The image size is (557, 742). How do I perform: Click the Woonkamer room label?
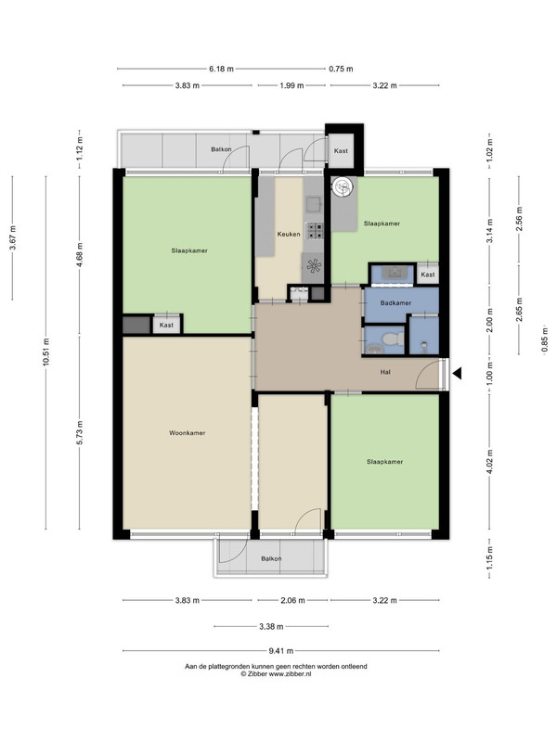pos(188,432)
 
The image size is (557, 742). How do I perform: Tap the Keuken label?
pos(289,234)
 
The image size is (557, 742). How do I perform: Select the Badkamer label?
pos(396,303)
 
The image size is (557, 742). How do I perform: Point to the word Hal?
pos(385,372)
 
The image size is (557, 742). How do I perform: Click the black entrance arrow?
pos(457,374)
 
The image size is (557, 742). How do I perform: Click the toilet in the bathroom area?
pos(393,339)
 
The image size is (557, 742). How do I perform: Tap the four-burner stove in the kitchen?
pos(314,231)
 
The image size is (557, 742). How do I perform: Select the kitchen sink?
pos(314,204)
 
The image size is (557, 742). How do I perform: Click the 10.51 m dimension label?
pos(45,352)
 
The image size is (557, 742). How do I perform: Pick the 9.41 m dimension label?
pos(281,651)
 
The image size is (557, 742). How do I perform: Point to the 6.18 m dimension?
pos(221,69)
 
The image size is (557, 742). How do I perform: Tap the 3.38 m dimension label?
pos(271,627)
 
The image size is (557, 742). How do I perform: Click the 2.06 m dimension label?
pos(292,600)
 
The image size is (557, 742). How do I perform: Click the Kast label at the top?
pos(341,150)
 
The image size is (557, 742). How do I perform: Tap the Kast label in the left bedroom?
pos(166,326)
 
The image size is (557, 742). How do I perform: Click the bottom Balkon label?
pos(271,558)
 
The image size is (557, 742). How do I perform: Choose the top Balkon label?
pos(221,149)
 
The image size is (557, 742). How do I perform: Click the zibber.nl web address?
pos(290,674)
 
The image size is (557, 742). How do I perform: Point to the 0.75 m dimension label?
pos(341,69)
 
